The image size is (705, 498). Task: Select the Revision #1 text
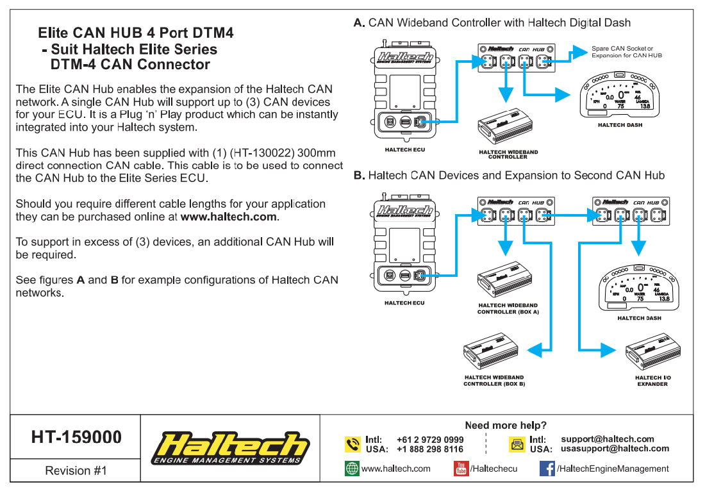[x=76, y=471]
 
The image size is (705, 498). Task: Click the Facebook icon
[x=547, y=469]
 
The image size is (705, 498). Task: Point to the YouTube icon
[x=461, y=469]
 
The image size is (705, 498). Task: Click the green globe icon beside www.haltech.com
[x=352, y=469]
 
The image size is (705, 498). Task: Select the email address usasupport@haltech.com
[x=615, y=449]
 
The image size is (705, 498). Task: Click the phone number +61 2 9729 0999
[x=430, y=440]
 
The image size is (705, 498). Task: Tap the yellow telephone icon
[x=352, y=444]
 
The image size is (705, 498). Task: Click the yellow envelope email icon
[x=517, y=444]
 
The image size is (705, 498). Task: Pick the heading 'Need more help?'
[x=506, y=426]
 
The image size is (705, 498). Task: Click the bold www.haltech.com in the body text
[x=229, y=217]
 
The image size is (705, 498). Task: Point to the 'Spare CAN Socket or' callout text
[x=622, y=49]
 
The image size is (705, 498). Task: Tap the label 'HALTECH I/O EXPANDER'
[x=652, y=381]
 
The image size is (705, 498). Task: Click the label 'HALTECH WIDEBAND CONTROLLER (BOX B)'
[x=494, y=381]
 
